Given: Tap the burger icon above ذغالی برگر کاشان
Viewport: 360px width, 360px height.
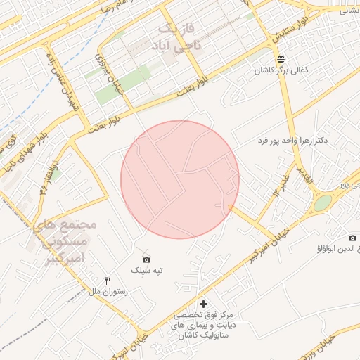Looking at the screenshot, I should (x=281, y=58).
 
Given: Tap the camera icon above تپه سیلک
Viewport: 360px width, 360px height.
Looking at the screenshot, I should (x=146, y=259).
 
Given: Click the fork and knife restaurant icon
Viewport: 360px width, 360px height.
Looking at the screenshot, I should (x=108, y=280).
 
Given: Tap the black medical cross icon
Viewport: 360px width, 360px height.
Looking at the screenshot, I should (x=204, y=304).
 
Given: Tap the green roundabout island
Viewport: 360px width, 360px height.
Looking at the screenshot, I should (x=322, y=203).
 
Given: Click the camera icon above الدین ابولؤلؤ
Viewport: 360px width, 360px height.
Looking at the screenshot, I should (x=352, y=238).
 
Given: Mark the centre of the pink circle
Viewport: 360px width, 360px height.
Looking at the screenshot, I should (x=180, y=179).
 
